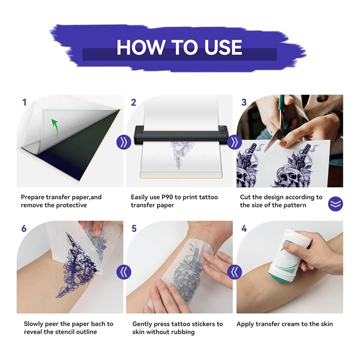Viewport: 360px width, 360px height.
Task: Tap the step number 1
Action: (24, 103)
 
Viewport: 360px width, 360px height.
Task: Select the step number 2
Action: (134, 103)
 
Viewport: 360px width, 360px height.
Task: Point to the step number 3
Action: (244, 103)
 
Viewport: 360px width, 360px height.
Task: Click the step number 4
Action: (244, 229)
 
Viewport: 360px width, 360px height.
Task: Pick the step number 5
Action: (134, 229)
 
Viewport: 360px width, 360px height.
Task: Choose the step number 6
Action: (24, 229)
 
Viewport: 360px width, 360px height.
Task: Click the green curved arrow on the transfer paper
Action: (55, 128)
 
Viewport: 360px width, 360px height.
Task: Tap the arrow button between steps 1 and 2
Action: (124, 142)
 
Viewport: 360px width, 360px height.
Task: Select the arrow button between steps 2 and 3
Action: (234, 142)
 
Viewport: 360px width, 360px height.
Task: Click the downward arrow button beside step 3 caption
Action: (335, 204)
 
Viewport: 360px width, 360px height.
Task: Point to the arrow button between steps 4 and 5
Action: (234, 272)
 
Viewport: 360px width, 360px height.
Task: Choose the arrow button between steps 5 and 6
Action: (124, 272)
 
